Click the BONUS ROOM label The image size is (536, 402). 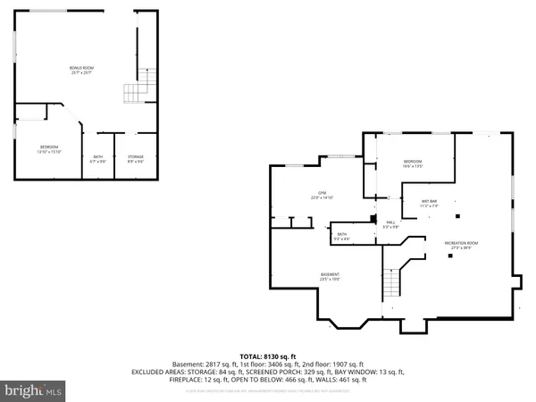tap(82, 69)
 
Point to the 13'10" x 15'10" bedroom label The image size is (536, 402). tap(48, 148)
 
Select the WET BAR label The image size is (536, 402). tap(429, 203)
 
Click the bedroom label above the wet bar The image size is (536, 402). tap(412, 163)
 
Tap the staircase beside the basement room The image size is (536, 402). tap(391, 285)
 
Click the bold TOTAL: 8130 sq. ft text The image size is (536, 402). tap(267, 355)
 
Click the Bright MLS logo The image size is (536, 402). tap(34, 390)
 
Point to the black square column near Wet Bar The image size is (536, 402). tap(457, 215)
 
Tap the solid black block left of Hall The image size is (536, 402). tap(373, 217)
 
